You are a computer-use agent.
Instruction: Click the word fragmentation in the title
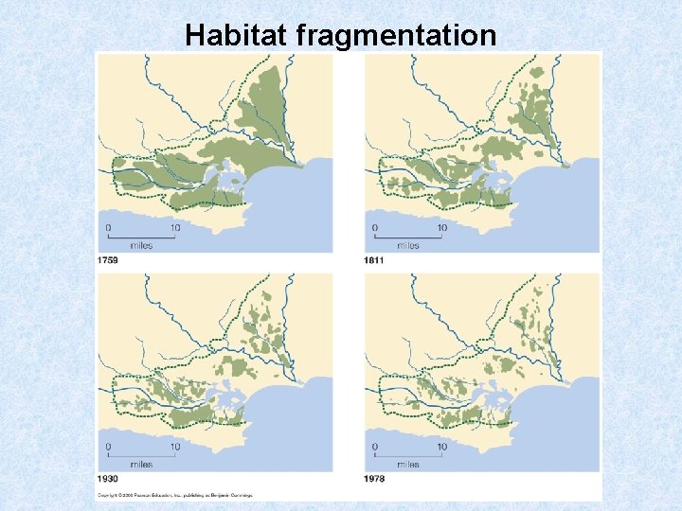[396, 35]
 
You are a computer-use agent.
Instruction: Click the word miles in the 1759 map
[141, 245]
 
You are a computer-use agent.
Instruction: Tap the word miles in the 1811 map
[407, 245]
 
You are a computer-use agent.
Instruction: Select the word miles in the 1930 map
[141, 465]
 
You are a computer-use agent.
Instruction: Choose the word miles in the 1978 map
[407, 465]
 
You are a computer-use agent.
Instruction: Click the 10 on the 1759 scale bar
[175, 227]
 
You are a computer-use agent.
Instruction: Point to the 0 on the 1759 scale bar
[108, 227]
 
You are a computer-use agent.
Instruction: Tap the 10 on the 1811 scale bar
[441, 227]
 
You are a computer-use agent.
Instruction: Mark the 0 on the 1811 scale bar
[374, 227]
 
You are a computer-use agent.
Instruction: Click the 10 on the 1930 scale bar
[175, 447]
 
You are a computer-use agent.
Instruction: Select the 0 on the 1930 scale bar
[108, 447]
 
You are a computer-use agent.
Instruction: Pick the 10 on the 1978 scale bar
[441, 447]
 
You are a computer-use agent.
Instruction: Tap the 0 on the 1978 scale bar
[374, 447]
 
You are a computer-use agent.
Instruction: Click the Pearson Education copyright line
[176, 494]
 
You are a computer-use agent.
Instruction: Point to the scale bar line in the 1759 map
[141, 236]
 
